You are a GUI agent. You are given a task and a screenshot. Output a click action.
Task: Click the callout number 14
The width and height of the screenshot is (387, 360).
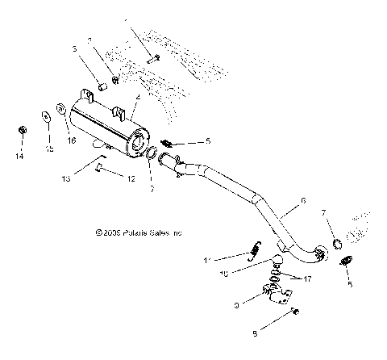20,151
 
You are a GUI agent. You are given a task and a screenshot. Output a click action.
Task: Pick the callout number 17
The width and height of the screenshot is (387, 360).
309,279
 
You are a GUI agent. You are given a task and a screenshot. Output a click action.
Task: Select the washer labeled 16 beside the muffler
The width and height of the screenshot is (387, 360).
61,107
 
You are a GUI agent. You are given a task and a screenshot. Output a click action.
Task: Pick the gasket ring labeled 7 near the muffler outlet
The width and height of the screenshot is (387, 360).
151,154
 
